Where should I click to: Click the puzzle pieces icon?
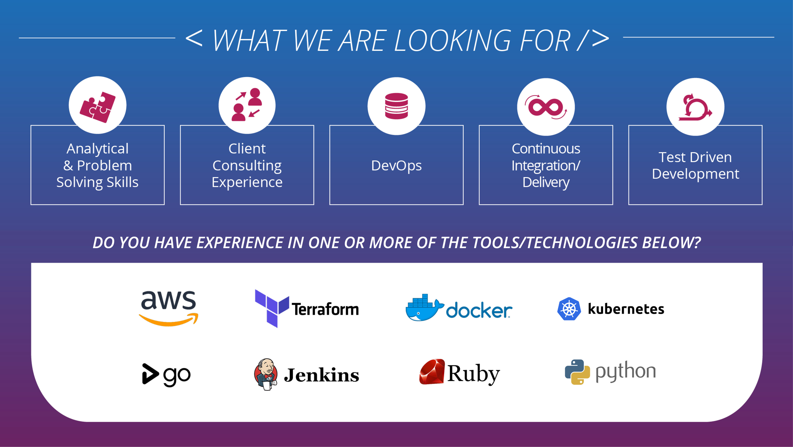click(98, 107)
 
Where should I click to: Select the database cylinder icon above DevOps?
click(397, 106)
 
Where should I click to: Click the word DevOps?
click(397, 166)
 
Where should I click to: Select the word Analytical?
click(98, 149)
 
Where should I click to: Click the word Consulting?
click(247, 166)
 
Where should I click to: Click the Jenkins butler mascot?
click(266, 374)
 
